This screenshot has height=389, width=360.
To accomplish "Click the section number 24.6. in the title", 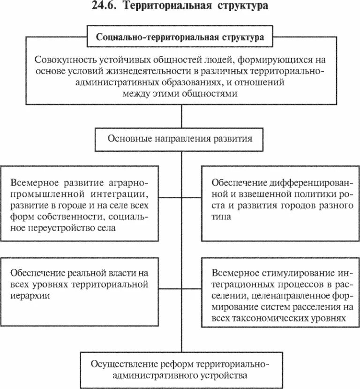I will coord(102,7).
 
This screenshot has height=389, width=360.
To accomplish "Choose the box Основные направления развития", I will coord(180,139).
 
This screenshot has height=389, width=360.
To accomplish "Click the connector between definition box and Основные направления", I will coord(180,117).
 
